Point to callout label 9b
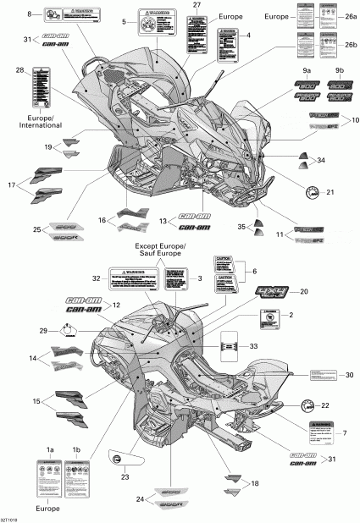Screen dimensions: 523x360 coord(339,70)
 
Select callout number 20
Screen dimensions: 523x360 coord(303,291)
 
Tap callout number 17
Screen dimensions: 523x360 coord(12,185)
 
